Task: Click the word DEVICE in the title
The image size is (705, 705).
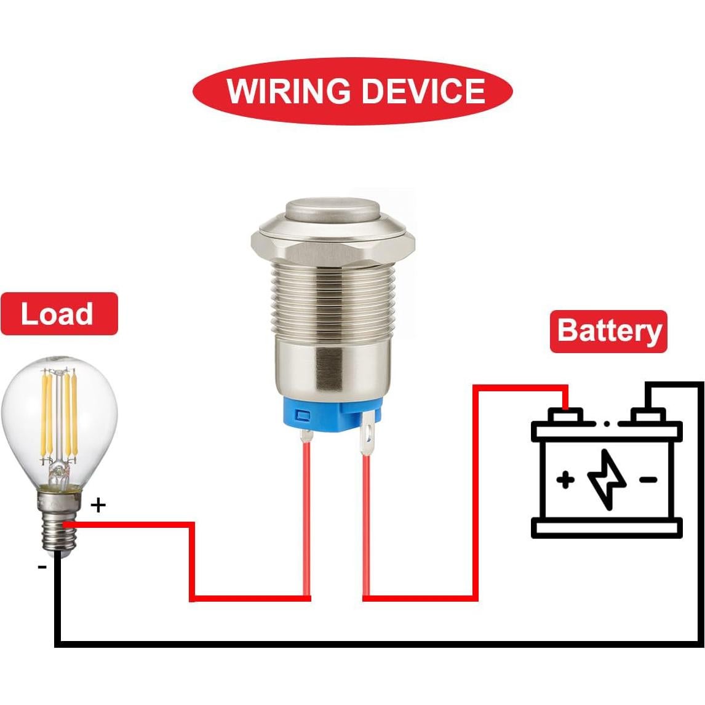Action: [423, 91]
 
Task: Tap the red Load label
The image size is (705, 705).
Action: [58, 314]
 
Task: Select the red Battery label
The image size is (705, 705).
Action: [608, 331]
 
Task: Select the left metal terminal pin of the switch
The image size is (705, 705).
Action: [306, 436]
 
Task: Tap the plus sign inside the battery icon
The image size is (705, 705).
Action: [565, 479]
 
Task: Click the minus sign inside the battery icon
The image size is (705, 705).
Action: [648, 479]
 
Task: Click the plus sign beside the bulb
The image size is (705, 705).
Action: [98, 506]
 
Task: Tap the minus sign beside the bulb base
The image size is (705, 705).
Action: [42, 566]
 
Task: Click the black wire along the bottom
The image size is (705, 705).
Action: [369, 643]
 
